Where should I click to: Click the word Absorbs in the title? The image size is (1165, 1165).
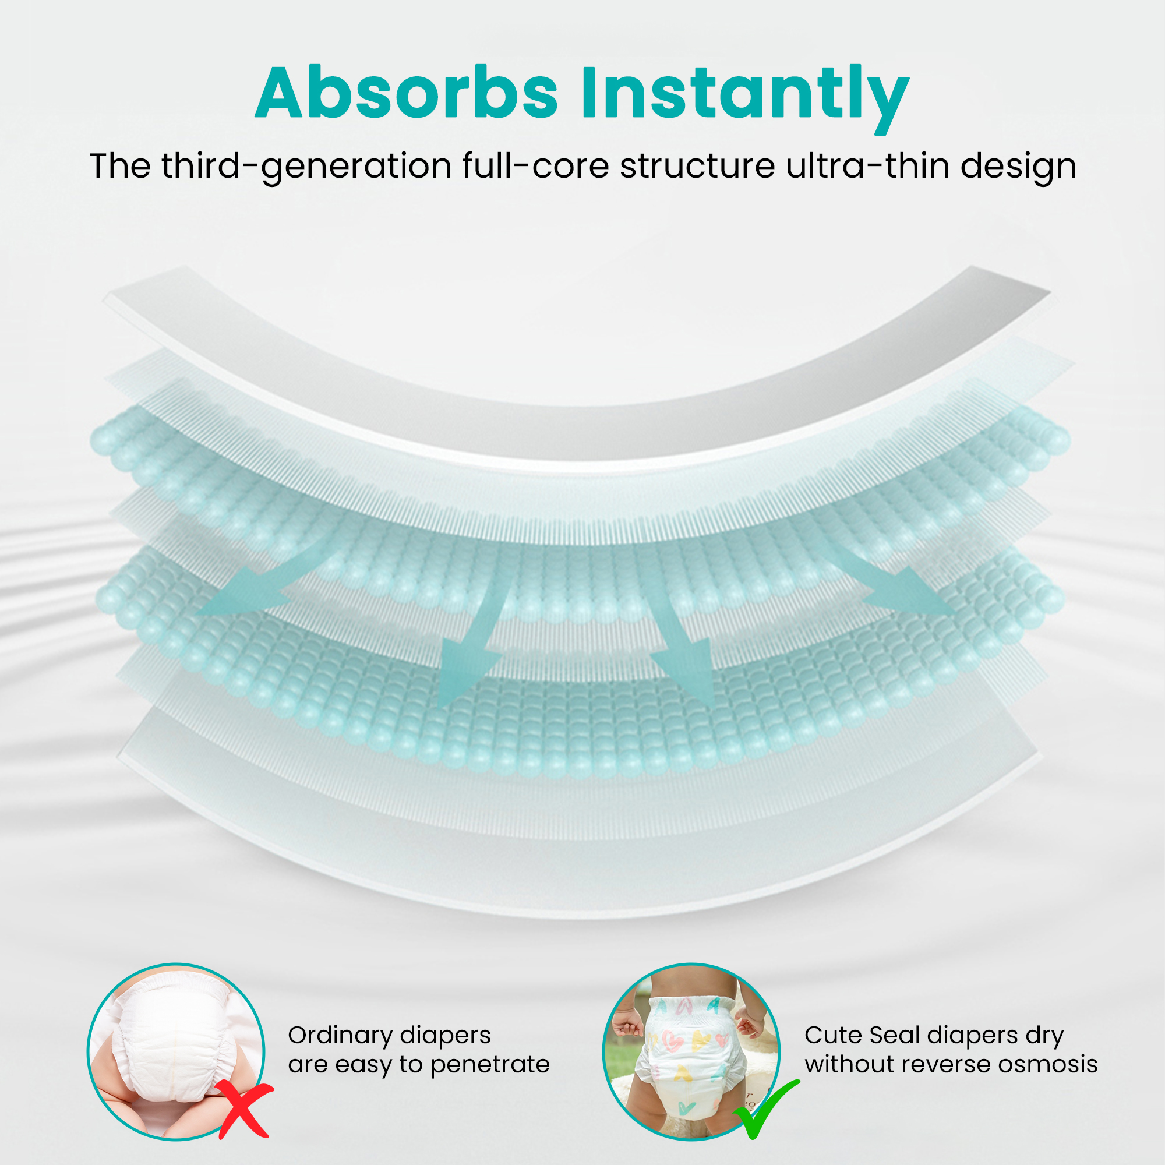pos(407,93)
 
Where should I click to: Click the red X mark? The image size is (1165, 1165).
pos(243,1108)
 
